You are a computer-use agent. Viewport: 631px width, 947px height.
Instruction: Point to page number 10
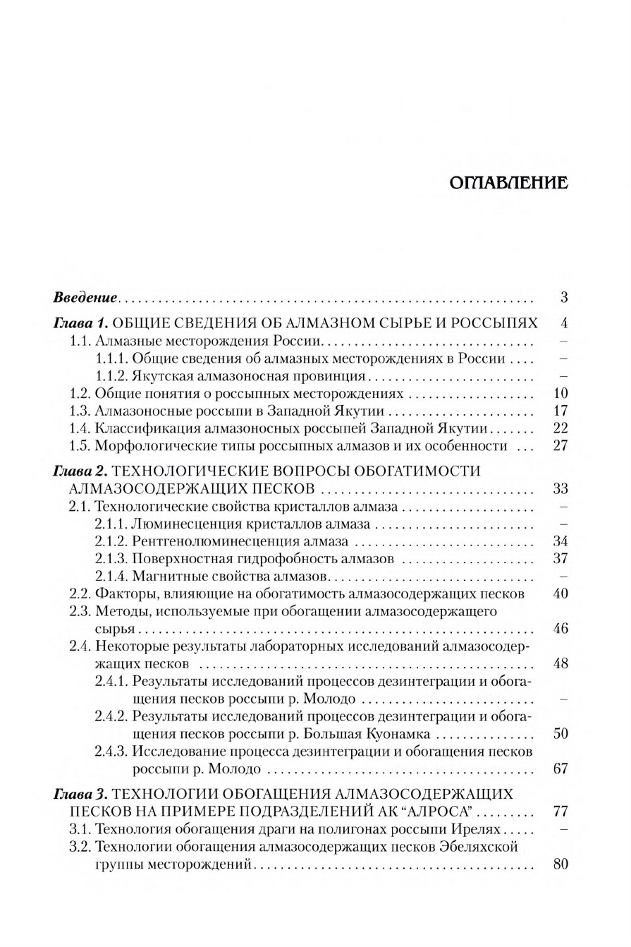pos(561,394)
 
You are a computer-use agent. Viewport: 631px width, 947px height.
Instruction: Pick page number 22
pos(561,428)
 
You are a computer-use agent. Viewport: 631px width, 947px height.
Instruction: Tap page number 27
pos(561,446)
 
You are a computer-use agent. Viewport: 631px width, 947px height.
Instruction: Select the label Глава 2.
pos(80,471)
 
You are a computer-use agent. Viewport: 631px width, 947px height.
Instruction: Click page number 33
pos(561,489)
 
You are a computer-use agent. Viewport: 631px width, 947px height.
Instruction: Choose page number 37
pos(561,559)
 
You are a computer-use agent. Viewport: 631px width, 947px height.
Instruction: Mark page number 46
pos(561,629)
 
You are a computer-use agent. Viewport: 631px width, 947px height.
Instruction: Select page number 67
pos(561,768)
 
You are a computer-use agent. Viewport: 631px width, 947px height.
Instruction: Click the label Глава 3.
pos(80,794)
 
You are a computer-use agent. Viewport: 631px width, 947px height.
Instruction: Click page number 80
pos(561,864)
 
